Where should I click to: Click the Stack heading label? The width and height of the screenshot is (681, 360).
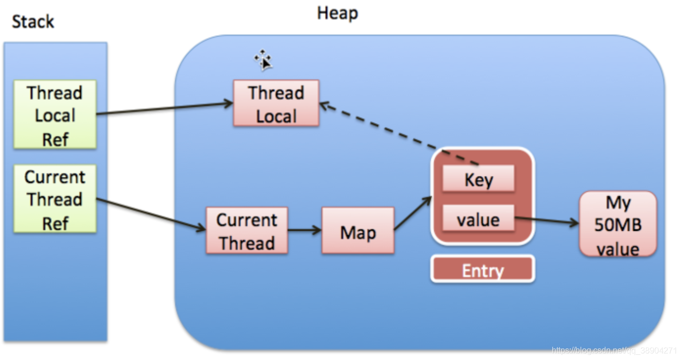pyautogui.click(x=33, y=22)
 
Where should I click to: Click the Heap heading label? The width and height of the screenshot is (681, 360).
pyautogui.click(x=337, y=13)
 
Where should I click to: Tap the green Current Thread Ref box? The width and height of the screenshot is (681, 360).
pyautogui.click(x=55, y=199)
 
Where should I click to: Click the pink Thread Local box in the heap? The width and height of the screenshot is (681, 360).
pyautogui.click(x=276, y=104)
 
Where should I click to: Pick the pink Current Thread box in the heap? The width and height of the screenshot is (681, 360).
pyautogui.click(x=247, y=231)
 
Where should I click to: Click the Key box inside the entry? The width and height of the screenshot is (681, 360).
pyautogui.click(x=478, y=179)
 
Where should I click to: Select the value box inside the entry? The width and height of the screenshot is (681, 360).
pyautogui.click(x=478, y=219)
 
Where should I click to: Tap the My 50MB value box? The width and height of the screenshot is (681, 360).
pyautogui.click(x=618, y=224)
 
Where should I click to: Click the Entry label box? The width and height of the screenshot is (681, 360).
pyautogui.click(x=483, y=270)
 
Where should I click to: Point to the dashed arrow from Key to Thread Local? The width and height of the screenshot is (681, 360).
pyautogui.click(x=400, y=134)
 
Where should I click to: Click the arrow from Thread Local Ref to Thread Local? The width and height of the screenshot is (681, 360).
pyautogui.click(x=164, y=109)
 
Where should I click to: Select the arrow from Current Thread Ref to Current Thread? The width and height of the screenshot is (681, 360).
pyautogui.click(x=151, y=214)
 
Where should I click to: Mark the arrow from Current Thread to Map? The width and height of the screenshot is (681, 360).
pyautogui.click(x=305, y=231)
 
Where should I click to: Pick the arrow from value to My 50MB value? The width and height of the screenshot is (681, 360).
pyautogui.click(x=546, y=221)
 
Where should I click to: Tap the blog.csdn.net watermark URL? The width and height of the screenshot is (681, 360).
pyautogui.click(x=614, y=351)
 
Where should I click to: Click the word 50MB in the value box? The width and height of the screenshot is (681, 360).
pyautogui.click(x=618, y=225)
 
